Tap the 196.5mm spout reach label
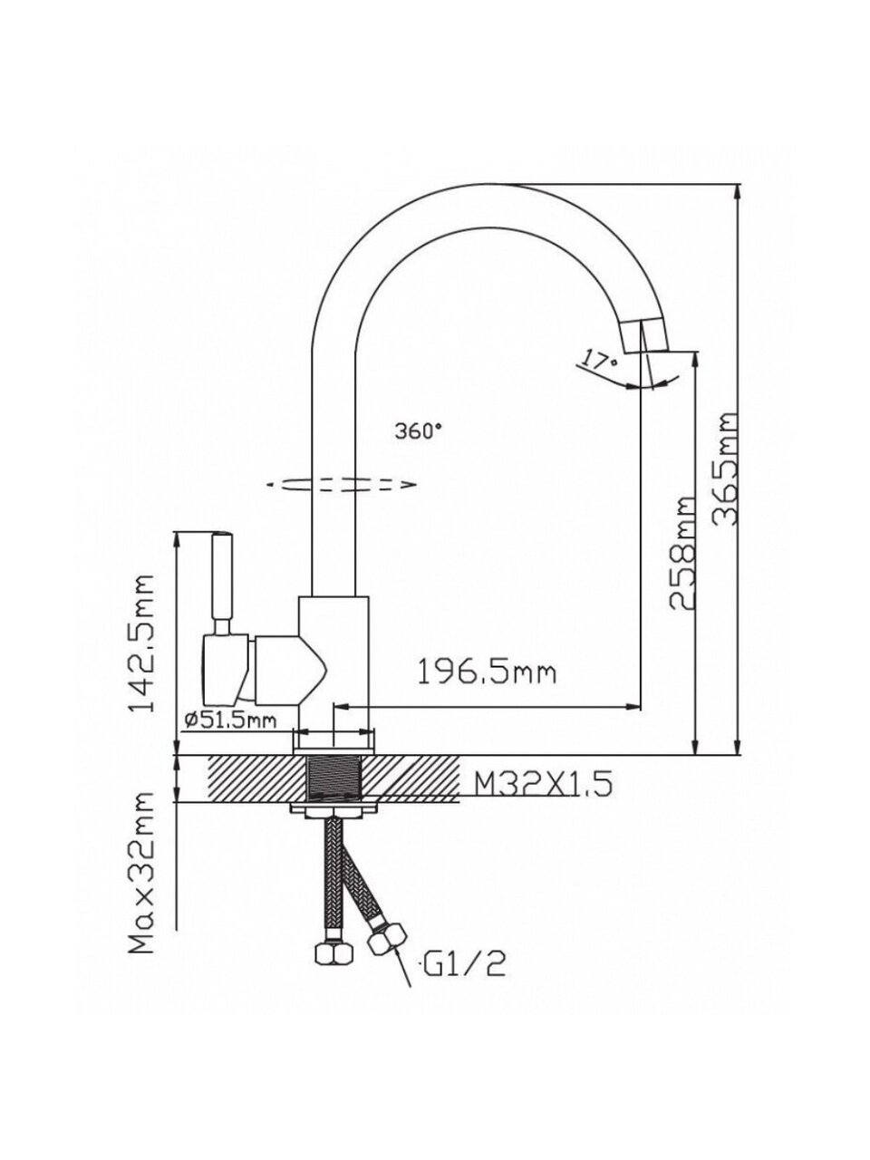point(486,672)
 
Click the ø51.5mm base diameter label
point(229,720)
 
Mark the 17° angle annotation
point(599,360)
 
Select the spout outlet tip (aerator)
point(649,336)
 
